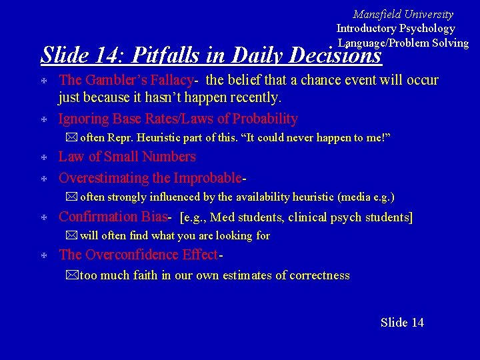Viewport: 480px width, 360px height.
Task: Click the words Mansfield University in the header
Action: (x=403, y=14)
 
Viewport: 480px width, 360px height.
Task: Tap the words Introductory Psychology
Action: (x=395, y=29)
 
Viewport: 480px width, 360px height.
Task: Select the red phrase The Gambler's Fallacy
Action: (x=126, y=80)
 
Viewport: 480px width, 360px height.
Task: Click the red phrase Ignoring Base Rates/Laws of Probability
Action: (x=178, y=119)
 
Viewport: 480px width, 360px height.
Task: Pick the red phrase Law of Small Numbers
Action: (x=127, y=157)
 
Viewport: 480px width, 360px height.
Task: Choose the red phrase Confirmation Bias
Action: (x=115, y=216)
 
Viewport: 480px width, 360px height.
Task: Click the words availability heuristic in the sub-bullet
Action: (x=279, y=197)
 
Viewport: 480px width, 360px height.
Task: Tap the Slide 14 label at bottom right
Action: (x=402, y=323)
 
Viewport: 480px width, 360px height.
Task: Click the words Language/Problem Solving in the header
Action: (x=403, y=43)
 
